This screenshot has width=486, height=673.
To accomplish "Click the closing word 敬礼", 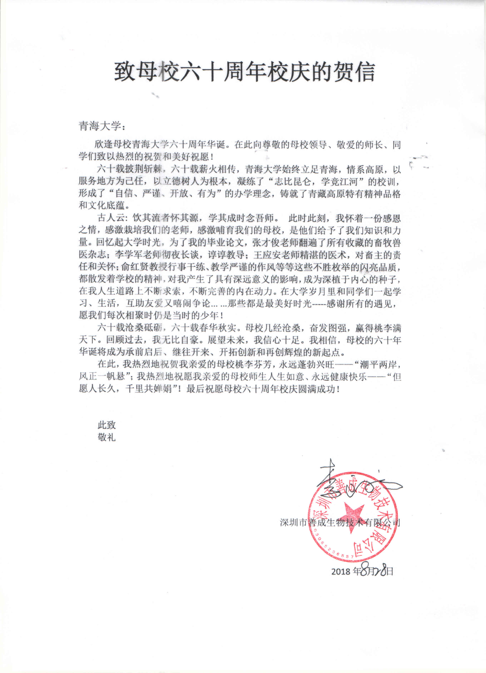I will pos(106,437).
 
